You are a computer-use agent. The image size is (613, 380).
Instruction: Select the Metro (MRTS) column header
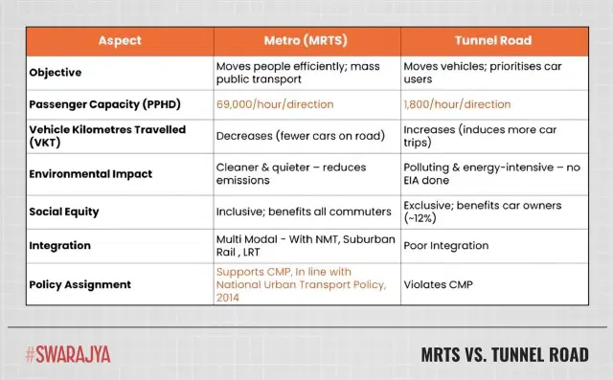coord(306,41)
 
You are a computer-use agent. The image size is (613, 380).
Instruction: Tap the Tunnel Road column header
coord(495,41)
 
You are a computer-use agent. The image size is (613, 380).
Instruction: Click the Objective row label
coord(56,73)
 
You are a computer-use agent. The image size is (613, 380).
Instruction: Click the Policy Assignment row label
coord(80,284)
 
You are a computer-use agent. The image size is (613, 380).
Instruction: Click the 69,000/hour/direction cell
coord(272,104)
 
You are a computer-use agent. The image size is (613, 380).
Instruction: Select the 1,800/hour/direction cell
coord(458,104)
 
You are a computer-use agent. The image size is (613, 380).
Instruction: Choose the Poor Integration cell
coord(446,247)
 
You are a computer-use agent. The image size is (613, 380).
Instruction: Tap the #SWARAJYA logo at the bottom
coord(68,354)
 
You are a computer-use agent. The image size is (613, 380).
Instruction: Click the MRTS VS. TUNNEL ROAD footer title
coord(504,355)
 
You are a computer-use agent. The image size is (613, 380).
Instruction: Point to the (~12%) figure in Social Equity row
coord(422,218)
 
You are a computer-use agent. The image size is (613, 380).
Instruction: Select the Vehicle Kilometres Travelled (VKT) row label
coord(94,135)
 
